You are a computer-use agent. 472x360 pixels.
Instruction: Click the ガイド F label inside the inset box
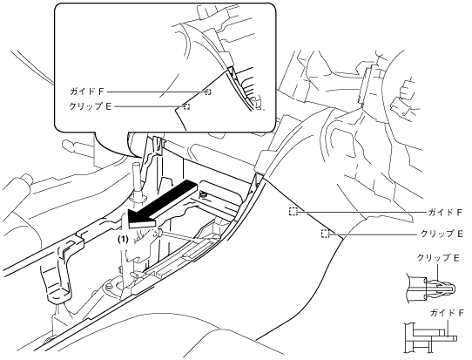[x=87, y=92]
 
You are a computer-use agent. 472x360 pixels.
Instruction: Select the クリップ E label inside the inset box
[x=91, y=106]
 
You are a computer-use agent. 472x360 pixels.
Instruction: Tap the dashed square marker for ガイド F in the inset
[x=208, y=92]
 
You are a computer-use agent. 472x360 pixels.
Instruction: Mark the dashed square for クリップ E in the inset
[x=186, y=106]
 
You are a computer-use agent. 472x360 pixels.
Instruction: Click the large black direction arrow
[x=163, y=204]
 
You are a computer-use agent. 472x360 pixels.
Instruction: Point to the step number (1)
[x=123, y=240]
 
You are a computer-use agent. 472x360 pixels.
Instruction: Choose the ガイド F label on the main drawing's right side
[x=445, y=213]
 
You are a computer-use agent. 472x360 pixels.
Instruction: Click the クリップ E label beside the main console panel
[x=442, y=234]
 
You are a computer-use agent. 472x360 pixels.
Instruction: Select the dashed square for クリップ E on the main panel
[x=325, y=234]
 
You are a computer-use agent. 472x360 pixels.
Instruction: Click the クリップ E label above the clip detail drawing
[x=438, y=258]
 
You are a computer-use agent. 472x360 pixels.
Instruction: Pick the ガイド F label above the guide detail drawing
[x=447, y=313]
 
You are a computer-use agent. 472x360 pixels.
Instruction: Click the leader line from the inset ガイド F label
[x=156, y=92]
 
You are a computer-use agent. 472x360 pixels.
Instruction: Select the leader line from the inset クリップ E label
[x=149, y=106]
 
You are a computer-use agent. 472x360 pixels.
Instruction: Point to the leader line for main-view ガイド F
[x=361, y=212]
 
